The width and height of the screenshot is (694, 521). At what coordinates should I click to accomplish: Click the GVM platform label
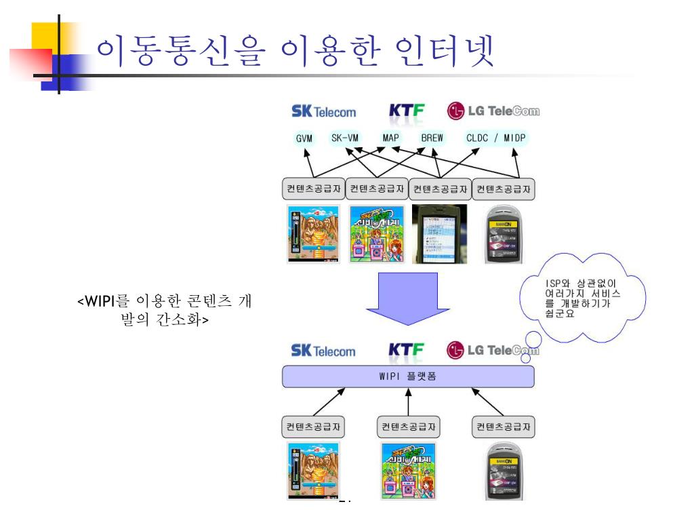coord(303,139)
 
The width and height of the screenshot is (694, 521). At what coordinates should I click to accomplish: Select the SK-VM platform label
coord(344,138)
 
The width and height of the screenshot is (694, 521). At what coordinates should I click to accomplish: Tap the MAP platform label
coord(390,138)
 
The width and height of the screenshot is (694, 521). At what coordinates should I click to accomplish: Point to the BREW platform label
coord(432,138)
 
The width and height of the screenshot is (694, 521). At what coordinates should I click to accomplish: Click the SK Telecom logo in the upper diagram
coord(323,111)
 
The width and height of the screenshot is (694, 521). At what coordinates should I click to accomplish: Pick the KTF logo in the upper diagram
coord(406,111)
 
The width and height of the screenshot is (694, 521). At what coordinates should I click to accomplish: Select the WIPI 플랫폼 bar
coord(408,376)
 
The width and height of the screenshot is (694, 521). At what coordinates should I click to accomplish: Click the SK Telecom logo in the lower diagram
coord(323,351)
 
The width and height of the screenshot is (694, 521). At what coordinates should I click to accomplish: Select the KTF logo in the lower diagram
coord(406,351)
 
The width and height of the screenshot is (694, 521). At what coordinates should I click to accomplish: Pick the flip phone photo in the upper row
coord(441,233)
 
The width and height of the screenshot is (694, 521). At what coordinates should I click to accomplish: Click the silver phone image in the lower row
coord(504,471)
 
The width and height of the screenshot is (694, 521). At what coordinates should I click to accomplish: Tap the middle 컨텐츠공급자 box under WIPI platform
coord(408,427)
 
